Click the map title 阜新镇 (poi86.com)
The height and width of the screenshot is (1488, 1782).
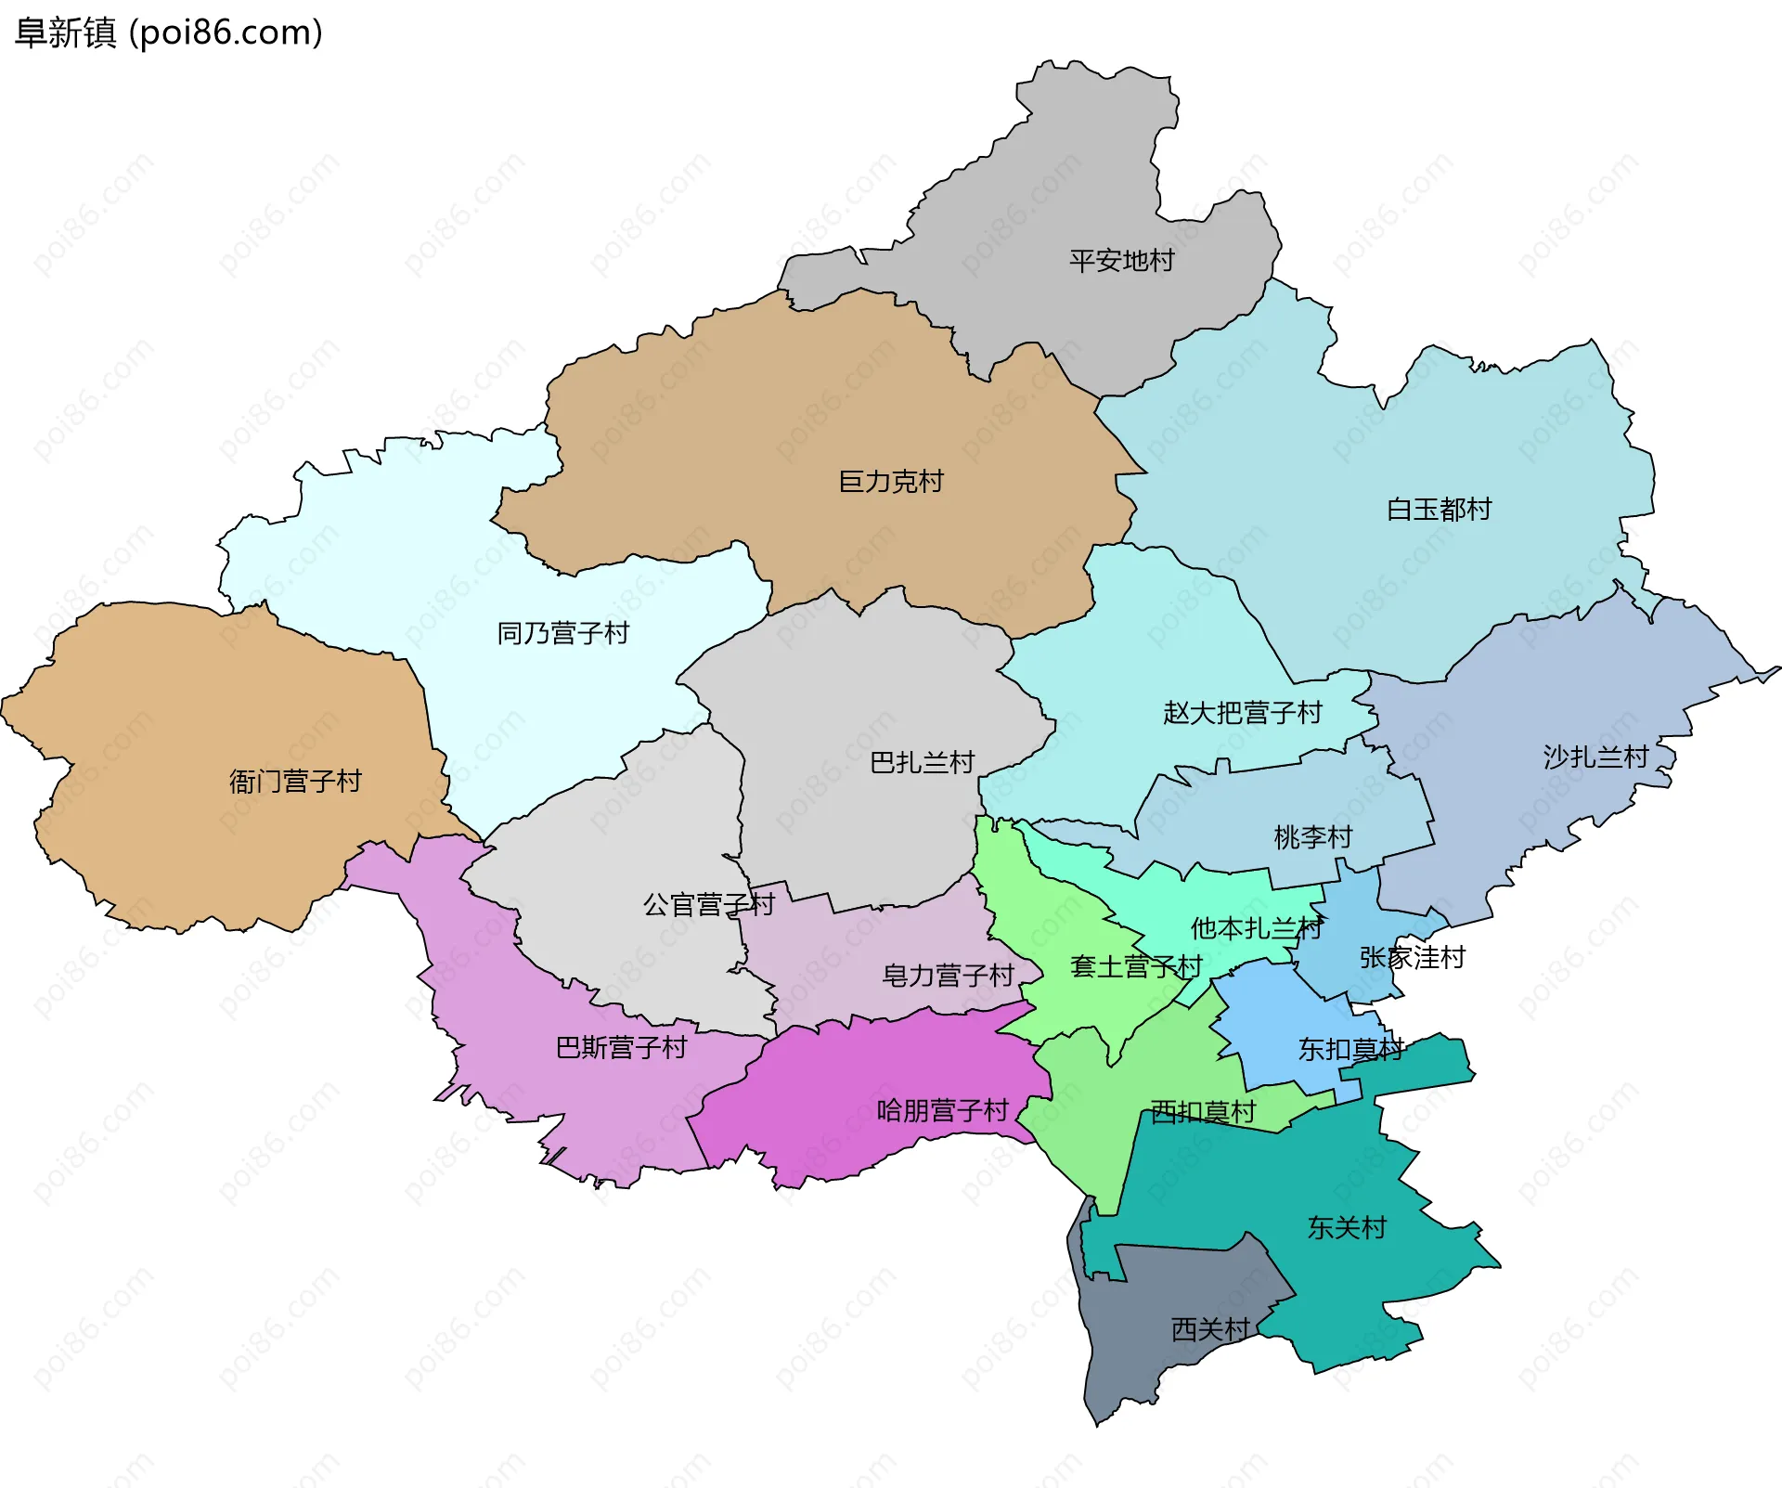point(169,32)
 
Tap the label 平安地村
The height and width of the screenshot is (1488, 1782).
point(1121,261)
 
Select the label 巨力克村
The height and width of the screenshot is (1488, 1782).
point(890,482)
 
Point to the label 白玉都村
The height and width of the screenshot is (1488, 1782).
point(1439,510)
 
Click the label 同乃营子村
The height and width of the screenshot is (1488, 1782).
point(563,634)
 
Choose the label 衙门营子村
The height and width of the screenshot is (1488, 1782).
point(295,782)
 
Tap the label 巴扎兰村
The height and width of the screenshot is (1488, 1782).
point(922,763)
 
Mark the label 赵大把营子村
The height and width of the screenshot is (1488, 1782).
point(1242,713)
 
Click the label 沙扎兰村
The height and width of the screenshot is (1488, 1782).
point(1595,757)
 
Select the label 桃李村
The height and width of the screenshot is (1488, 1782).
point(1312,837)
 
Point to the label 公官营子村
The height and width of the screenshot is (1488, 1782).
point(708,905)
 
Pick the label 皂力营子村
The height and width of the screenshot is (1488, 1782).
point(947,976)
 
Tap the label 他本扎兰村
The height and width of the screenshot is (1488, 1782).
point(1256,928)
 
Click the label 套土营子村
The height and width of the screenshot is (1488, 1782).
point(1135,967)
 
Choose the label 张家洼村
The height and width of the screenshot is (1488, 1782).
point(1412,958)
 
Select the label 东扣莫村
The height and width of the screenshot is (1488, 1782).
point(1350,1050)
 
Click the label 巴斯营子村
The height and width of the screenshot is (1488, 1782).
point(621,1048)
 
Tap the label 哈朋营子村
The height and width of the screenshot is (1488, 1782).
point(942,1111)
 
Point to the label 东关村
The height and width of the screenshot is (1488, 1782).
point(1347,1228)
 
